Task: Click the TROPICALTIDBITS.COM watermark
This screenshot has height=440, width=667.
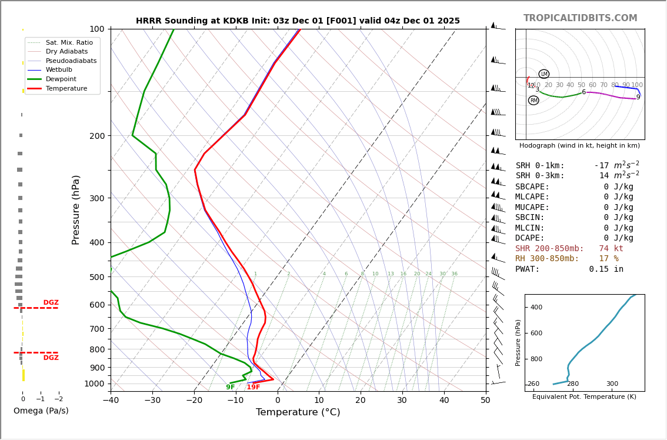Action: pyautogui.click(x=580, y=18)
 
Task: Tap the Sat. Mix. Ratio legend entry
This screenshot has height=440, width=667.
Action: pyautogui.click(x=69, y=42)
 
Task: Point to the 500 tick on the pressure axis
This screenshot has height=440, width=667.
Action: pyautogui.click(x=96, y=277)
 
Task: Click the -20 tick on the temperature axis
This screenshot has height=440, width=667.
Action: pyautogui.click(x=194, y=401)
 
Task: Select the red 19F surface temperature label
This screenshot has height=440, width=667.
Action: pyautogui.click(x=254, y=387)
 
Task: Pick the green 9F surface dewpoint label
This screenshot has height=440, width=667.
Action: pyautogui.click(x=231, y=387)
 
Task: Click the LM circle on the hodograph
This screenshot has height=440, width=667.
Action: pyautogui.click(x=544, y=74)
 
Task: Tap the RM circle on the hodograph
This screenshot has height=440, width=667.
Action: pyautogui.click(x=533, y=101)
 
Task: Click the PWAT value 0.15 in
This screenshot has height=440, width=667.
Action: pyautogui.click(x=606, y=269)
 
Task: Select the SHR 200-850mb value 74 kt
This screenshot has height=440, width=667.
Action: pyautogui.click(x=611, y=249)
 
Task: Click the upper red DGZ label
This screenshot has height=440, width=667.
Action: pyautogui.click(x=51, y=303)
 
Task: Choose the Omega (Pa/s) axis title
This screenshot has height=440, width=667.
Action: pyautogui.click(x=41, y=411)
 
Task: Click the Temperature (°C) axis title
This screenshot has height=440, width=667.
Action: pyautogui.click(x=298, y=412)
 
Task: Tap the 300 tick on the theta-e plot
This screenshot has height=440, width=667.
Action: pyautogui.click(x=612, y=384)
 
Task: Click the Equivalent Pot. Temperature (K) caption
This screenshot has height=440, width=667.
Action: pyautogui.click(x=584, y=397)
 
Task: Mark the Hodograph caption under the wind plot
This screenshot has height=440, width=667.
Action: pyautogui.click(x=579, y=146)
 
